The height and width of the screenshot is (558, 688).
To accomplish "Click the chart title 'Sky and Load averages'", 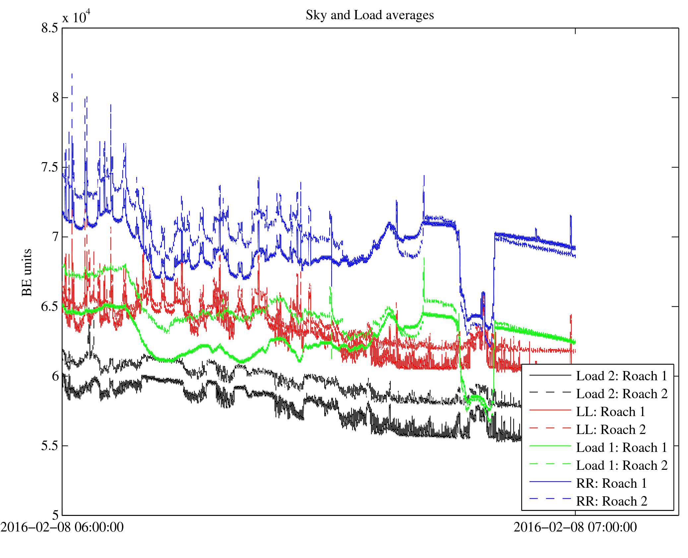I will [369, 15].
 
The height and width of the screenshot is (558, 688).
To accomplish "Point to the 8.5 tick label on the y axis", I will [50, 28].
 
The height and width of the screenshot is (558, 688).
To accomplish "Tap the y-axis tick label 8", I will [55, 97].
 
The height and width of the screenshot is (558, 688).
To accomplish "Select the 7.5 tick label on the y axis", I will [50, 167].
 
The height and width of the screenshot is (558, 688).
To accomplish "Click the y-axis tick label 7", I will [55, 237].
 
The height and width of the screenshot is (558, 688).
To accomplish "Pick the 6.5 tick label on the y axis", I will [50, 306].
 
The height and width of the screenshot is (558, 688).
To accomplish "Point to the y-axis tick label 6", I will [55, 376].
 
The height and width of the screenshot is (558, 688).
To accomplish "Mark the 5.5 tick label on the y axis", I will [50, 446].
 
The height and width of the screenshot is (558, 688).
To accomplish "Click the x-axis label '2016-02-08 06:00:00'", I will [62, 527].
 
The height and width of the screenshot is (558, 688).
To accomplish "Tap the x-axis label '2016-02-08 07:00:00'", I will [575, 527].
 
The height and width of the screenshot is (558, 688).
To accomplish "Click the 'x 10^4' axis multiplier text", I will [76, 17].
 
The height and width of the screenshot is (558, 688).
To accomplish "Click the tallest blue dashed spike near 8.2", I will [72, 75].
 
